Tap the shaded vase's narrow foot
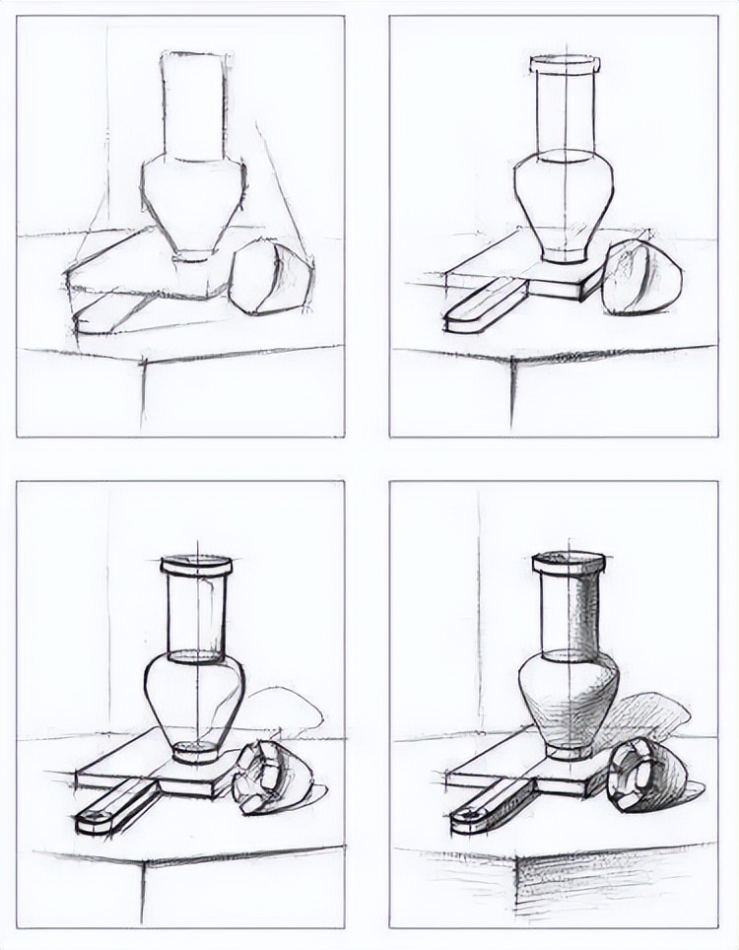[568, 750]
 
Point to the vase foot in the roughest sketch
[192, 255]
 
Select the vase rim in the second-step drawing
[565, 65]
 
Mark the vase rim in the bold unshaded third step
[196, 566]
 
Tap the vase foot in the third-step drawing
[196, 752]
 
